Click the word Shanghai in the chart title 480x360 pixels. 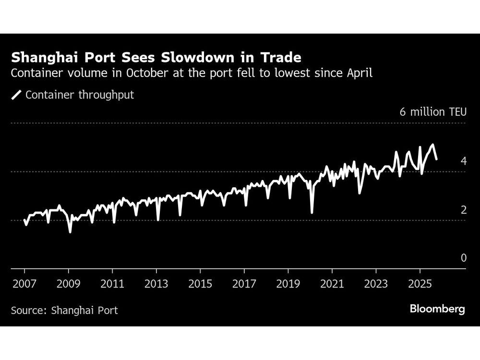pyautogui.click(x=47, y=58)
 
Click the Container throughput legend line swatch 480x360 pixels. pyautogui.click(x=17, y=95)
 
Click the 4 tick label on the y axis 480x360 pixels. pyautogui.click(x=463, y=161)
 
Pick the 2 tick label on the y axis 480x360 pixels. pyautogui.click(x=463, y=210)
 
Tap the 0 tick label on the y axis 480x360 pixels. pyautogui.click(x=463, y=258)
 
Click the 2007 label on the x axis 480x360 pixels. pyautogui.click(x=24, y=284)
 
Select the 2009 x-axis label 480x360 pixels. pyautogui.click(x=68, y=284)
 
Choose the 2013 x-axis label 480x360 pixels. pyautogui.click(x=156, y=284)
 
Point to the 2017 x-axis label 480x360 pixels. pyautogui.click(x=244, y=284)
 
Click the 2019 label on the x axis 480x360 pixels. pyautogui.click(x=288, y=284)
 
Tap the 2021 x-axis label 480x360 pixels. pyautogui.click(x=332, y=284)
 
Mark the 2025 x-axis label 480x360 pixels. pyautogui.click(x=420, y=284)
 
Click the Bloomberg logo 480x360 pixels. pyautogui.click(x=437, y=309)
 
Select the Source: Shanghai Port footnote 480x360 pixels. pyautogui.click(x=64, y=310)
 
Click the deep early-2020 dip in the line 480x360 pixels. pyautogui.click(x=312, y=212)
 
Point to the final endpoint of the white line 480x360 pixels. pyautogui.click(x=436, y=159)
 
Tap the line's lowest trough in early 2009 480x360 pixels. pyautogui.click(x=70, y=232)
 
